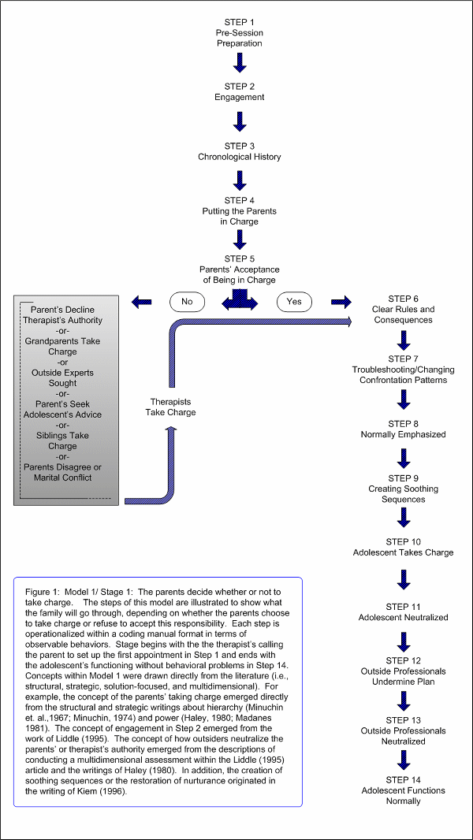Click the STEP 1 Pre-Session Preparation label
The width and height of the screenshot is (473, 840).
click(x=240, y=32)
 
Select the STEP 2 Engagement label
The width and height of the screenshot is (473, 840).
click(x=240, y=92)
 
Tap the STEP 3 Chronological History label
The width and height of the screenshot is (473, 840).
click(x=240, y=151)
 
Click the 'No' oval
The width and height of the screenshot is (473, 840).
click(x=187, y=302)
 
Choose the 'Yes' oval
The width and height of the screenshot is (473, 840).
click(x=294, y=302)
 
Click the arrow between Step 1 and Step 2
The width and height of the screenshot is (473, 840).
click(x=240, y=62)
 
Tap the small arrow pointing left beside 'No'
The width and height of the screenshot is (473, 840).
click(x=141, y=302)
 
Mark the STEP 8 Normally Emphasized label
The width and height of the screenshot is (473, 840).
click(x=404, y=429)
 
